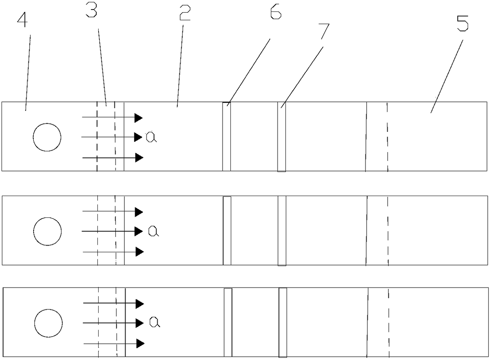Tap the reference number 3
coord(91,10)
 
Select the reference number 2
coord(185,13)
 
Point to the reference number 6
coord(276,11)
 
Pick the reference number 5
coord(462,23)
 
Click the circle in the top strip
coord(47,137)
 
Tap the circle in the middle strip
coord(48,232)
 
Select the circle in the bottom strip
coord(48,323)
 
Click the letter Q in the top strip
coord(152,137)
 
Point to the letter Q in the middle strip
coord(154,231)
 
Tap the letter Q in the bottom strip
coord(155,322)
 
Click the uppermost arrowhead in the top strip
coord(139,118)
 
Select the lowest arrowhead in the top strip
coord(139,158)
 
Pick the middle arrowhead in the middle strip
coord(139,232)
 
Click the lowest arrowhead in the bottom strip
coord(141,343)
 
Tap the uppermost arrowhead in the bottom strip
coord(140,304)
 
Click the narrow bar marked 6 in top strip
coord(226,137)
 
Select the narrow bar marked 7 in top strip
coord(282,137)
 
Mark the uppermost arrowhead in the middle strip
coord(139,212)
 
